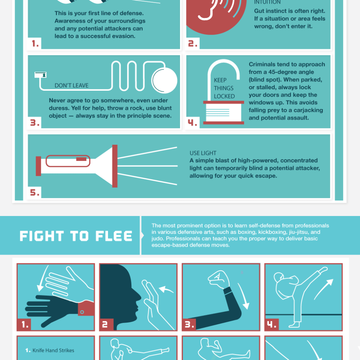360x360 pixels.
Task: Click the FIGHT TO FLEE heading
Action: coord(76,236)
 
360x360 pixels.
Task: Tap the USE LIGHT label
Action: coord(203,153)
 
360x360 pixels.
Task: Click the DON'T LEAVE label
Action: coord(71,85)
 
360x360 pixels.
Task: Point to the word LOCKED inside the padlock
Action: coord(224,96)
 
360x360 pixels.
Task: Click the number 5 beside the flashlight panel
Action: coord(35,192)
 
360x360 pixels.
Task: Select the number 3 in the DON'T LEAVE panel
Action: coord(35,123)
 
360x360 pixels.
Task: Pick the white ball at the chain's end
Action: coord(165,80)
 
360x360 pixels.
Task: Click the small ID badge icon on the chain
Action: coord(40,75)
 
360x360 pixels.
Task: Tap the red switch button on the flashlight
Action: coord(81,159)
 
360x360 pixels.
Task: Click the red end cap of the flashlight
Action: coord(38,166)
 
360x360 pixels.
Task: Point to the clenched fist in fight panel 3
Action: coord(219,280)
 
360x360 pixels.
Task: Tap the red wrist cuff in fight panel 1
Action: coord(86,309)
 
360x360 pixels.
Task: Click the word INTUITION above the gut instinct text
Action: coord(267,2)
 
